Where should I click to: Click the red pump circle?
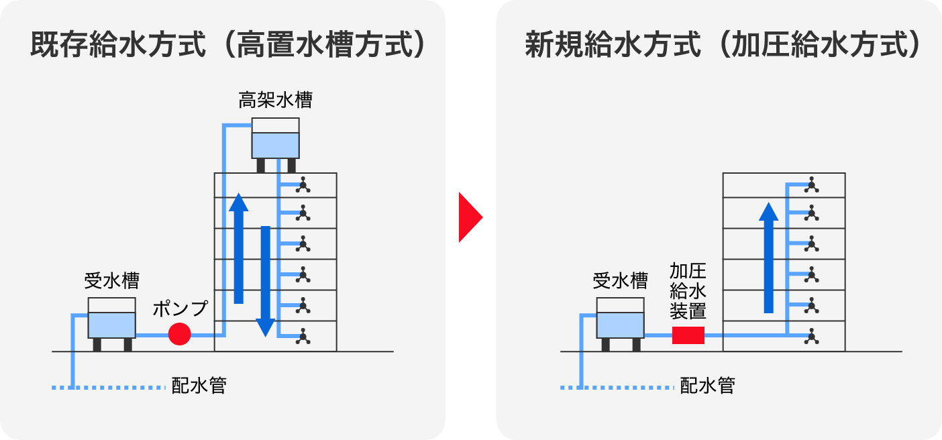coord(179,333)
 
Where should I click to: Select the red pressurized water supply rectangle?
coord(688,335)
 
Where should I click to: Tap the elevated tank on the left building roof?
coord(275,139)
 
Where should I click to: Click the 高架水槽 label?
coord(275,101)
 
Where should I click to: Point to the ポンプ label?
coord(180,309)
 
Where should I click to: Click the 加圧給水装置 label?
coord(688,291)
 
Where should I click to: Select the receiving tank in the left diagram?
coord(112,318)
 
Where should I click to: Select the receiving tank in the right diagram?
coord(621,318)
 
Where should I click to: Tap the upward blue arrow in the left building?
coord(238,248)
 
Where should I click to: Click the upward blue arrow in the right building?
coord(768,258)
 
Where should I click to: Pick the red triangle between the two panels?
coord(470,217)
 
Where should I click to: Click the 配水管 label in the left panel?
coord(199,386)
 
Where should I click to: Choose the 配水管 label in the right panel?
coord(708,386)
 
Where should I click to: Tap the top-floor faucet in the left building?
coord(303,184)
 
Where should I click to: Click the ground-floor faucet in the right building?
coord(812,336)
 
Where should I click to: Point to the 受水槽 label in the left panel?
coord(112,280)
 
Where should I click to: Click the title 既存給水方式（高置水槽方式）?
coord(228,46)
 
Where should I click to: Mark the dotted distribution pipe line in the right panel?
coord(617,388)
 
